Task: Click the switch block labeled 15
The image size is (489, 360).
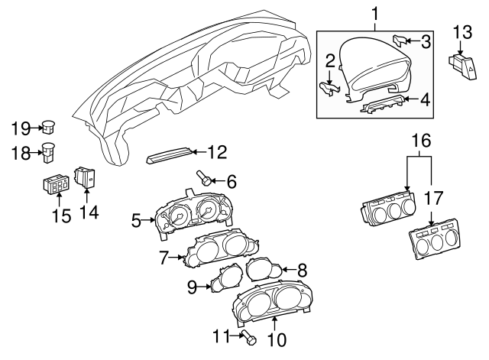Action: pyautogui.click(x=57, y=185)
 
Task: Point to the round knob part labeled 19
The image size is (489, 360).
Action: pyautogui.click(x=48, y=126)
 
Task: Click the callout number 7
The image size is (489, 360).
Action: pyautogui.click(x=163, y=258)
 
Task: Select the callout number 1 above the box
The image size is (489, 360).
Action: pyautogui.click(x=375, y=13)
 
